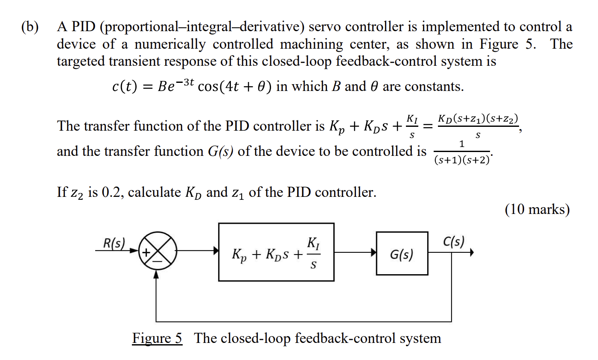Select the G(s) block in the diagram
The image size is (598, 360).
pos(402,253)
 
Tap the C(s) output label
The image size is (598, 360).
pos(453,242)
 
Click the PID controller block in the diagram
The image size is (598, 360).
pos(276,252)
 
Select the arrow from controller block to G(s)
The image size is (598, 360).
pos(355,252)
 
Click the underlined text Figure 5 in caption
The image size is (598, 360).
pos(157,338)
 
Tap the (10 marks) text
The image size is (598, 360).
pos(537,209)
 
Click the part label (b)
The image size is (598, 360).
pos(30,27)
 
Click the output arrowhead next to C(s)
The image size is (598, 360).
pos(471,252)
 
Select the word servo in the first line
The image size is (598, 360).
pos(325,27)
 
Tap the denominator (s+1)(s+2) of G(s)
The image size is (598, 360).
pos(462,161)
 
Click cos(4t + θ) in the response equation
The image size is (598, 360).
pos(235,87)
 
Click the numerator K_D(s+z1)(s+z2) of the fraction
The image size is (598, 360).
pos(478,118)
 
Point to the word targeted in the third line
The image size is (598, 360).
pos(81,61)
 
